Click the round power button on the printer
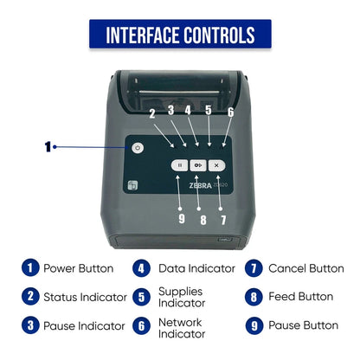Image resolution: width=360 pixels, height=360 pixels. click(138, 148)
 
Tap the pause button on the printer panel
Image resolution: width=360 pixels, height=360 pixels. click(180, 165)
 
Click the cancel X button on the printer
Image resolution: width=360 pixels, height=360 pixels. click(216, 165)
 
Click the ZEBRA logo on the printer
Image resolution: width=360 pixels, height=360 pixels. click(201, 185)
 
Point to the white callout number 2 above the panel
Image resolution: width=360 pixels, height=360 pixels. click(152, 113)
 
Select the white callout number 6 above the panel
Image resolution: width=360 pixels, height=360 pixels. click(230, 112)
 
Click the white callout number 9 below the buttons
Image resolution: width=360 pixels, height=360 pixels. click(182, 219)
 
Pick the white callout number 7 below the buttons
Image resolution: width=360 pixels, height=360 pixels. click(223, 220)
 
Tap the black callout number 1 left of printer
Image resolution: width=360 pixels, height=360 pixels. click(48, 147)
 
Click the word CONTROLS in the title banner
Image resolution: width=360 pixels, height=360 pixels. click(219, 35)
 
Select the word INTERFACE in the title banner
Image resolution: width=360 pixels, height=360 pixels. click(143, 35)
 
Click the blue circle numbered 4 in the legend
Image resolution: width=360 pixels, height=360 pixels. click(141, 268)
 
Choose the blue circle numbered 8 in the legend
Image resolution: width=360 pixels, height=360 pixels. click(254, 297)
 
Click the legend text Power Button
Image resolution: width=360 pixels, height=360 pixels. click(78, 268)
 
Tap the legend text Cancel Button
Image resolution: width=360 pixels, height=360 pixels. click(306, 268)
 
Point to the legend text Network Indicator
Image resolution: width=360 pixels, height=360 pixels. click(182, 328)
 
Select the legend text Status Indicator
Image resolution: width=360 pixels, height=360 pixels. click(85, 297)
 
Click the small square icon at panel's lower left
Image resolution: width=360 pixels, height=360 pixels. click(132, 185)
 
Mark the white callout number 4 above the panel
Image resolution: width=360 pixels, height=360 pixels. click(188, 110)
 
